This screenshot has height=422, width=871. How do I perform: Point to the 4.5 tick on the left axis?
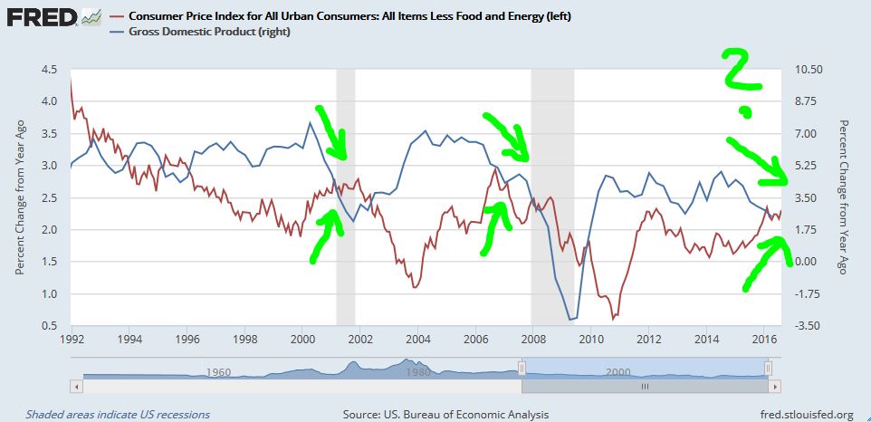click(51, 70)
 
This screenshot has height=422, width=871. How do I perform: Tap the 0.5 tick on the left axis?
click(51, 326)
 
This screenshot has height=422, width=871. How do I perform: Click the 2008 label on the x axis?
click(532, 340)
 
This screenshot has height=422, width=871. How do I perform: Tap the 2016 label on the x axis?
click(763, 340)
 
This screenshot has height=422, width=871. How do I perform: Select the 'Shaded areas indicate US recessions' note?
click(118, 415)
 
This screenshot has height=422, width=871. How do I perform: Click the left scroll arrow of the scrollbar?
click(77, 386)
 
